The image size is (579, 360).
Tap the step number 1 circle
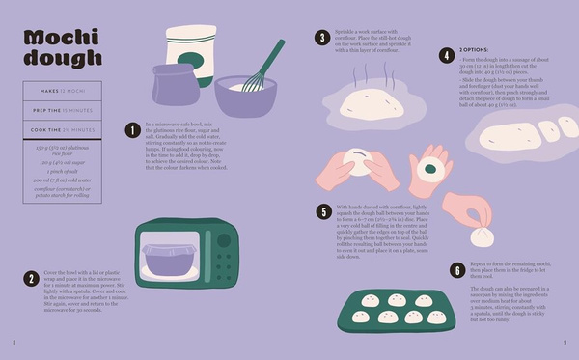click(132, 129)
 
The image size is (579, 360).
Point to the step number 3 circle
click(321, 39)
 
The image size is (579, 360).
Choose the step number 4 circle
click(447, 56)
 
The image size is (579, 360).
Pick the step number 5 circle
click(321, 209)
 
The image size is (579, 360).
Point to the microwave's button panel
click(225, 259)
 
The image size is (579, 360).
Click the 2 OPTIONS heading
click(480, 49)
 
